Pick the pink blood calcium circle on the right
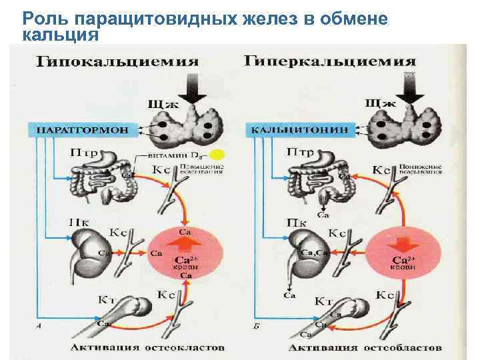click(402, 257)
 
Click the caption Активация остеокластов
click(147, 347)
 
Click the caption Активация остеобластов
click(365, 347)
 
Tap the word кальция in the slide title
click(60, 33)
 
